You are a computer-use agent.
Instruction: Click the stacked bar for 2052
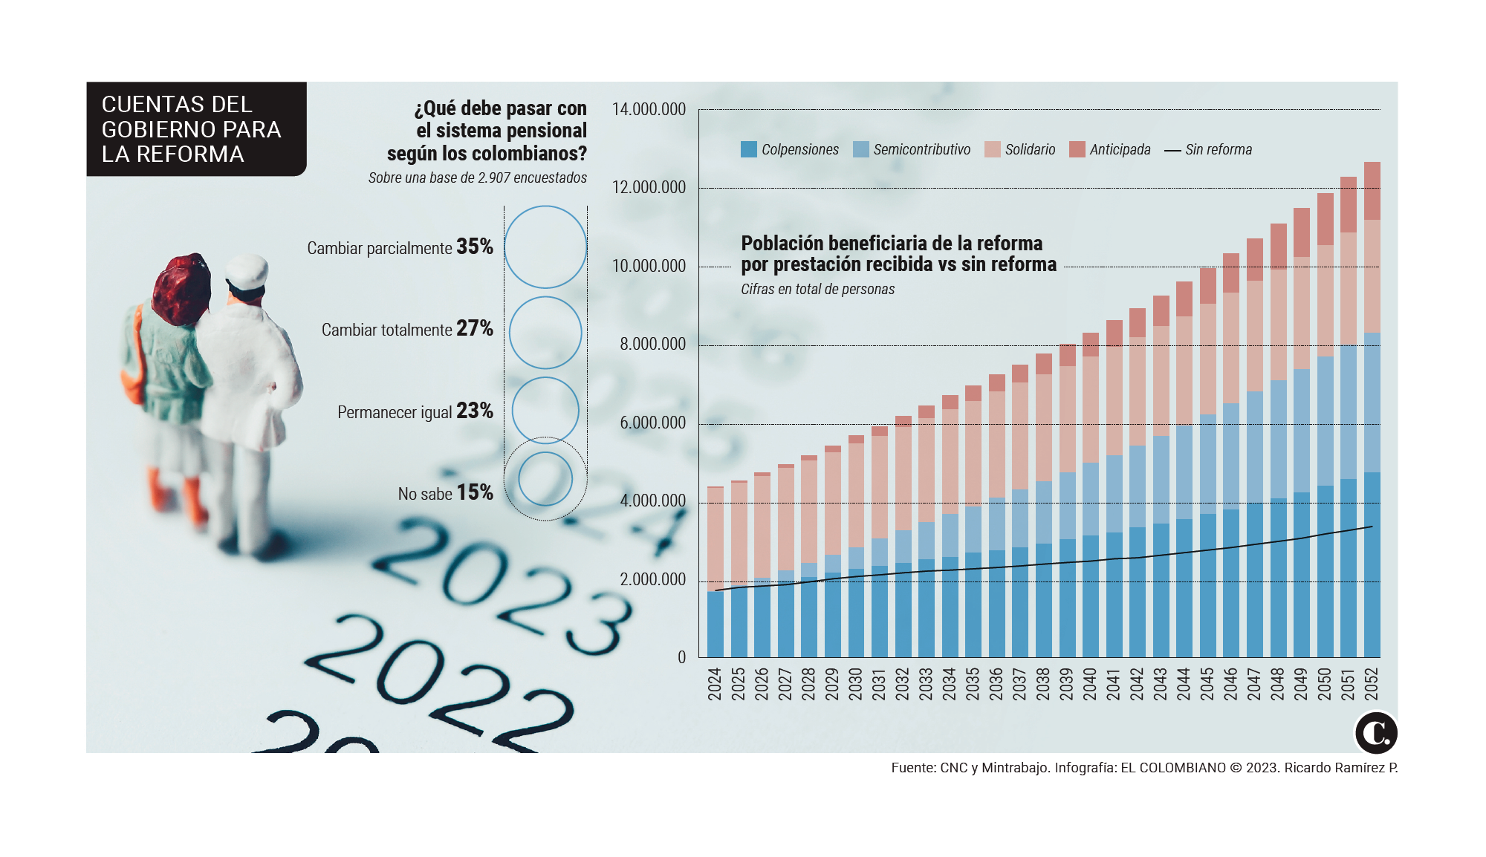point(1372,409)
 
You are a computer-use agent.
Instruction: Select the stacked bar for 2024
point(715,572)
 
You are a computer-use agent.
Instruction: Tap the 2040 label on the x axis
point(1090,683)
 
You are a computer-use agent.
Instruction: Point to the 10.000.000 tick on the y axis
point(649,266)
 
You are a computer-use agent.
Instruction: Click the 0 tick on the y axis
point(681,657)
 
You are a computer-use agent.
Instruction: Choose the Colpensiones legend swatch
point(748,149)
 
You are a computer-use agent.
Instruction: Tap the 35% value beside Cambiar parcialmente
point(475,247)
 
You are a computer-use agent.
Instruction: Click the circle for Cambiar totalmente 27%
point(545,333)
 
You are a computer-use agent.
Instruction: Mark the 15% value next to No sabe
point(475,492)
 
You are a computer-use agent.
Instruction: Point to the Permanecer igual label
point(395,412)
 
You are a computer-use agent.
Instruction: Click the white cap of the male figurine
point(247,270)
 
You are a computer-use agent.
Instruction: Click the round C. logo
point(1376,733)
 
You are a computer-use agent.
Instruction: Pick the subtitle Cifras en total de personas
point(817,289)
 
